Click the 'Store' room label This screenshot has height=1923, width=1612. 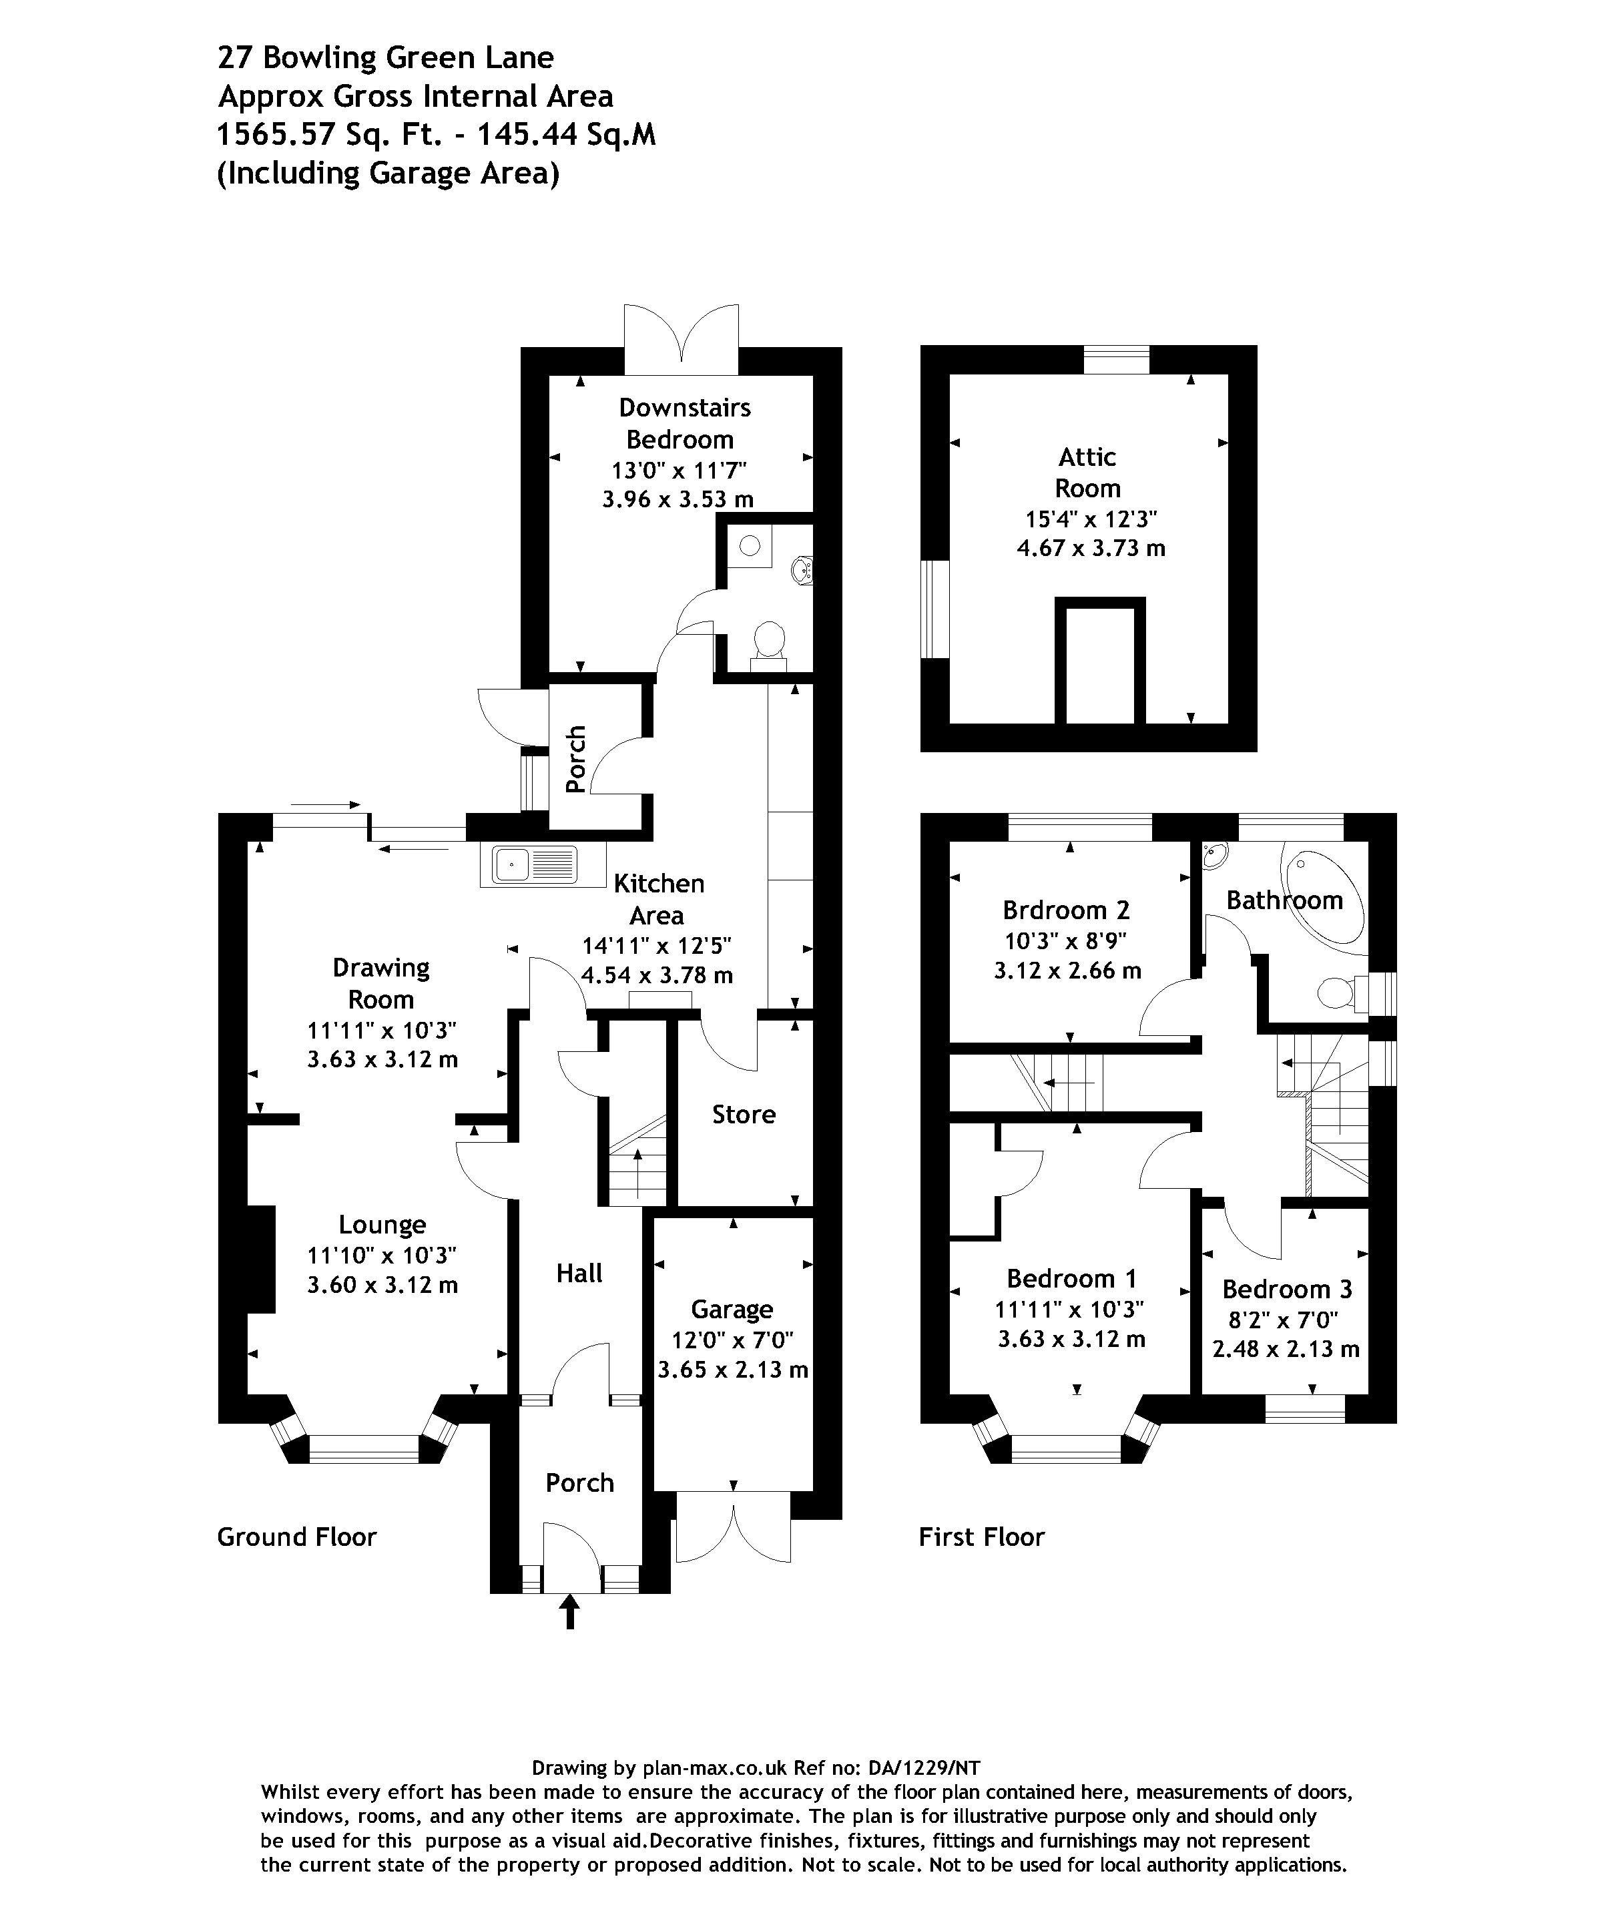pyautogui.click(x=744, y=1115)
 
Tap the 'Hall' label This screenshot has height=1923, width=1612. pyautogui.click(x=579, y=1273)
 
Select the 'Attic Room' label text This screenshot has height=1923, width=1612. pyautogui.click(x=1088, y=473)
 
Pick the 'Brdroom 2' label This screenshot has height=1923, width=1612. pyautogui.click(x=1066, y=910)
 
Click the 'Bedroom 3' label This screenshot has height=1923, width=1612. pyautogui.click(x=1287, y=1290)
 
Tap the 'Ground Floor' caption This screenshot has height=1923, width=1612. pyautogui.click(x=297, y=1537)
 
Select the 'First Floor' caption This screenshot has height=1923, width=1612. pyautogui.click(x=982, y=1537)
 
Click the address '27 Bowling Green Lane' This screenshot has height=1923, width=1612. pyautogui.click(x=386, y=57)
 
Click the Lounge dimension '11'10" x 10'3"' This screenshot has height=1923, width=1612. pyautogui.click(x=382, y=1256)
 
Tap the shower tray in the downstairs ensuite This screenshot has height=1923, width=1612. pyautogui.click(x=750, y=547)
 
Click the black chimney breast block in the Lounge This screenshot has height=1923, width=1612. pyautogui.click(x=261, y=1259)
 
